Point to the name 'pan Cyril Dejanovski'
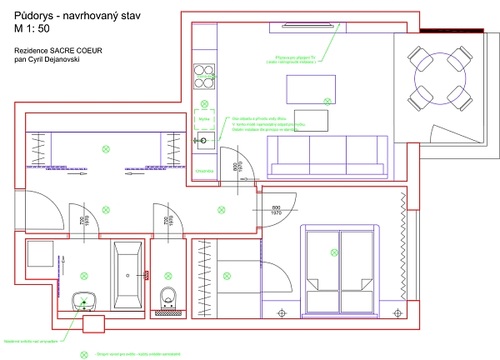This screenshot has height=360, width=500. tap(47, 60)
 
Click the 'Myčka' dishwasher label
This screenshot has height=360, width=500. tap(203, 118)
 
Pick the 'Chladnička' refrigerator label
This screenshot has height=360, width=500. tap(204, 171)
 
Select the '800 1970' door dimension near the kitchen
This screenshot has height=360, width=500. tap(237, 167)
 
